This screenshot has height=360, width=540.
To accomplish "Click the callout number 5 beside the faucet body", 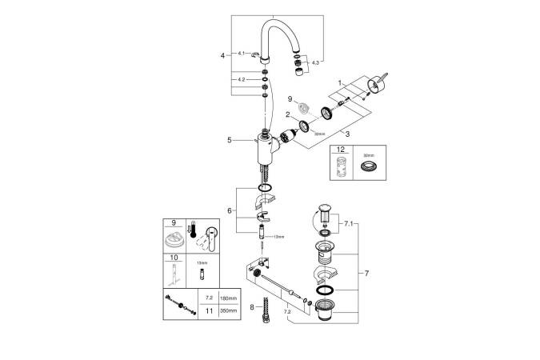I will pyautogui.click(x=229, y=141).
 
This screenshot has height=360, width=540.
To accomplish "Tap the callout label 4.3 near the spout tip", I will pyautogui.click(x=314, y=62).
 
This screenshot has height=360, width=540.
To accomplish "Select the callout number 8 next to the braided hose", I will pyautogui.click(x=252, y=306).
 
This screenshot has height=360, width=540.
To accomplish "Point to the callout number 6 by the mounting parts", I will pyautogui.click(x=230, y=210).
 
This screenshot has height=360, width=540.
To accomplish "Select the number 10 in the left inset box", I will pyautogui.click(x=171, y=259).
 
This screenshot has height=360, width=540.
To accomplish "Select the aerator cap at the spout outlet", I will pyautogui.click(x=298, y=74).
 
